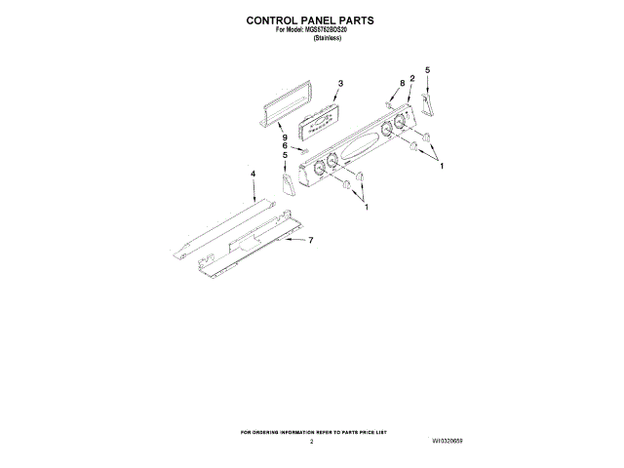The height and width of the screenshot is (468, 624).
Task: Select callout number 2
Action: tap(412, 78)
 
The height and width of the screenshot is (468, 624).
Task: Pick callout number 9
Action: tap(286, 137)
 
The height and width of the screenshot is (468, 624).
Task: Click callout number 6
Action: tap(286, 146)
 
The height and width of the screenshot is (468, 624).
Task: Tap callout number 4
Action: tap(253, 174)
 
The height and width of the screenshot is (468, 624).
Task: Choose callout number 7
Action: tap(310, 240)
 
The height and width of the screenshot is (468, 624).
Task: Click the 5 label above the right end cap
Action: tap(427, 70)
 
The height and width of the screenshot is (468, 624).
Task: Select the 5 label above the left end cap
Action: tap(286, 155)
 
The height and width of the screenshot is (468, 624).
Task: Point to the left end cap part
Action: tap(287, 184)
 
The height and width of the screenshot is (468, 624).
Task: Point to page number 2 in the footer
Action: tap(311, 442)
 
